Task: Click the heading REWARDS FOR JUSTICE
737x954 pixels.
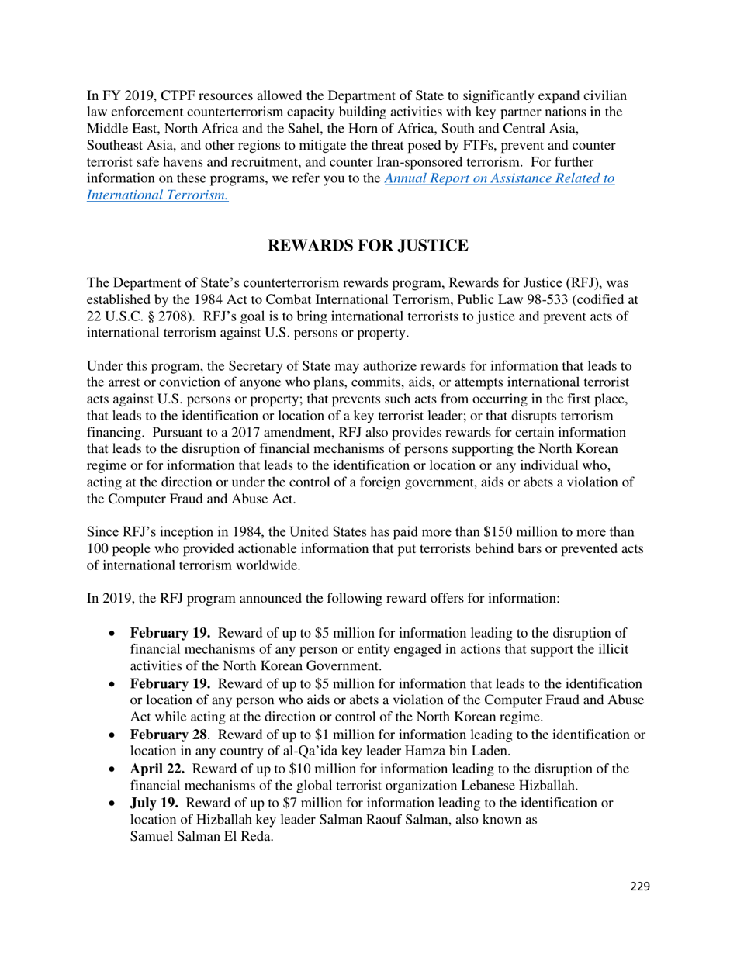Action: [368, 247]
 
